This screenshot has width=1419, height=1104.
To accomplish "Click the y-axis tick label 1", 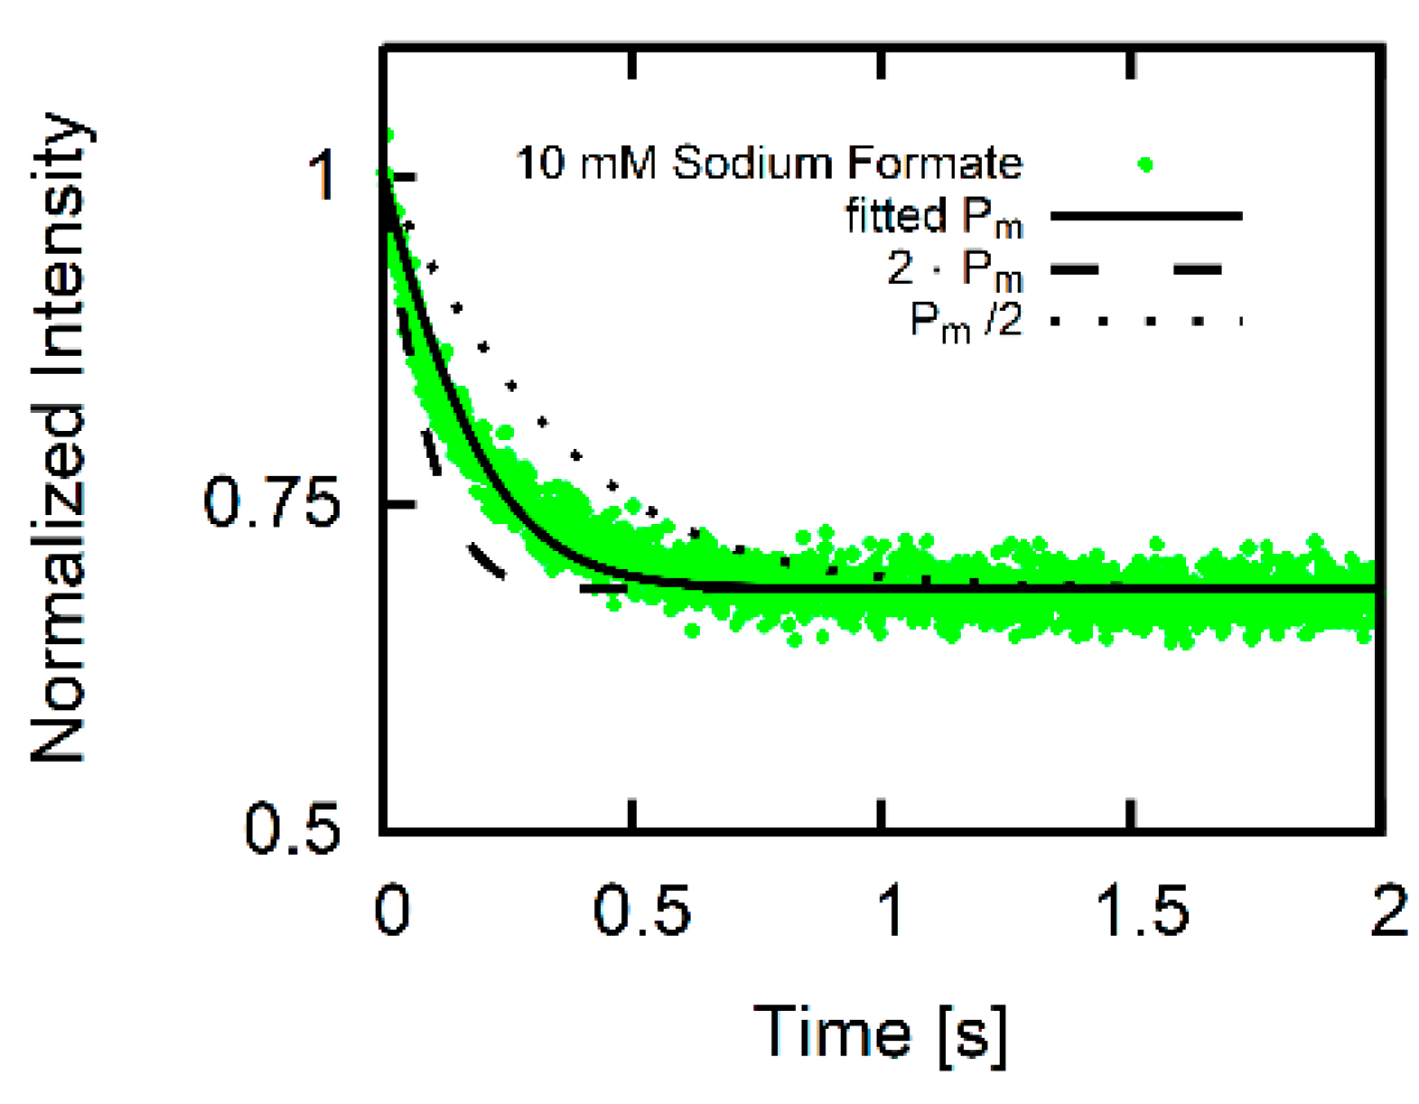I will point(322,175).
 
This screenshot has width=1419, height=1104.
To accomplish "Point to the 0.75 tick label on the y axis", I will point(271,502).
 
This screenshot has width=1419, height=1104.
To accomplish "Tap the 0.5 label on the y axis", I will point(292,828).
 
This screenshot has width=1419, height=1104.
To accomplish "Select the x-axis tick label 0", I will point(392,910).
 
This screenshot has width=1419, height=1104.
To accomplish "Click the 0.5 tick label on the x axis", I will point(641,910).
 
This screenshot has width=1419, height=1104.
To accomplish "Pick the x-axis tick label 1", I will point(891,910).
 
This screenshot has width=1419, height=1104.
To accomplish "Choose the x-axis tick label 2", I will point(1388,910).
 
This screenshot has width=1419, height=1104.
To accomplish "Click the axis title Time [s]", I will point(880,1034).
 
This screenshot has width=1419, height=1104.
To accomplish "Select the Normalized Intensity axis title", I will point(59,438).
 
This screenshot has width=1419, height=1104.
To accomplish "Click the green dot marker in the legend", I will point(1145,165).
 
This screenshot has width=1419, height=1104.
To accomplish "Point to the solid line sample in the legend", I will point(1146,216).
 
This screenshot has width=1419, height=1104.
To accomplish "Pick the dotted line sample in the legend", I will point(1146,320).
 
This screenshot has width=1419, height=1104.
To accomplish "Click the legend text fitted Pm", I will point(934,218).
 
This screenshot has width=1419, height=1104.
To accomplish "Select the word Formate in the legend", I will point(935,164).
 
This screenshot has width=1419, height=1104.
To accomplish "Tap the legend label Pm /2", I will point(966,322).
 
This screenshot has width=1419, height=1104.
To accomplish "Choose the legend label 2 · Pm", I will point(954,269).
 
